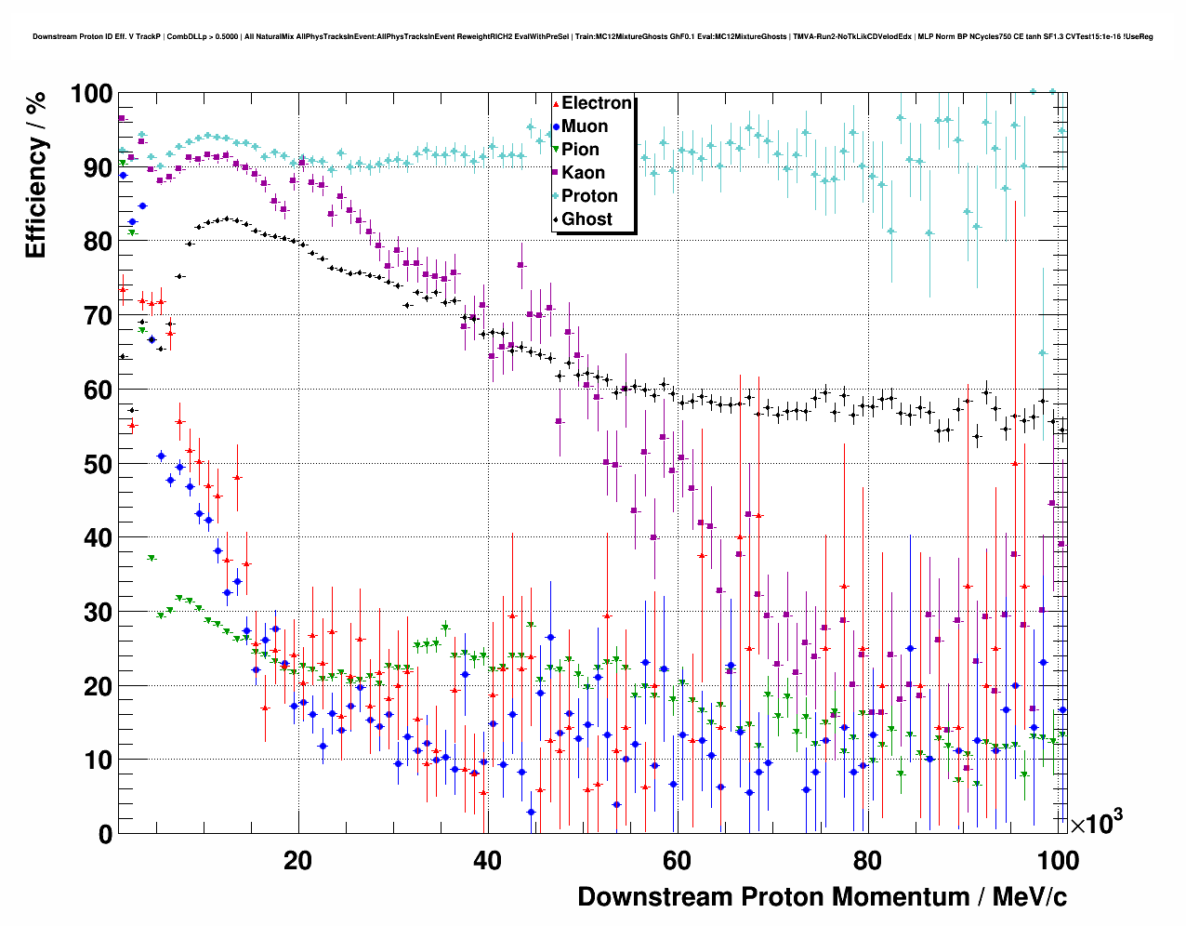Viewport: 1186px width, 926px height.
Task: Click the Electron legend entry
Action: point(596,103)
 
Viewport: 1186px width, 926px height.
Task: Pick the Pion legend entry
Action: point(580,150)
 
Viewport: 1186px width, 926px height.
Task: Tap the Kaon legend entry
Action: point(583,173)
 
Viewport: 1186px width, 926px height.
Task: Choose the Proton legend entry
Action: point(589,196)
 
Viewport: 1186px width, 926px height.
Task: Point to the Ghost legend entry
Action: point(586,219)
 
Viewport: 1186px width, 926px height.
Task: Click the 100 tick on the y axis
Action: point(91,94)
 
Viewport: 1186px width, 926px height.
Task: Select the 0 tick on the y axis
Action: point(104,834)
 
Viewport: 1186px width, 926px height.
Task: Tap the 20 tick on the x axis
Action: point(297,860)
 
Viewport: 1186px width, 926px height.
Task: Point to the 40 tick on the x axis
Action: point(487,860)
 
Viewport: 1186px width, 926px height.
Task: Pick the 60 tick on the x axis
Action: point(677,860)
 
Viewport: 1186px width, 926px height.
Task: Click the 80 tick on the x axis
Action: point(866,860)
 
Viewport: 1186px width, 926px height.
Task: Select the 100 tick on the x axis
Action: point(1058,860)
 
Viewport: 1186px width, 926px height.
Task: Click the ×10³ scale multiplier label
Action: point(1096,822)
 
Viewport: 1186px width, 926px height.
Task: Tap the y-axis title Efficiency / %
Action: point(35,176)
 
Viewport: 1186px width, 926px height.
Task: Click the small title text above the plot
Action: point(592,37)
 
